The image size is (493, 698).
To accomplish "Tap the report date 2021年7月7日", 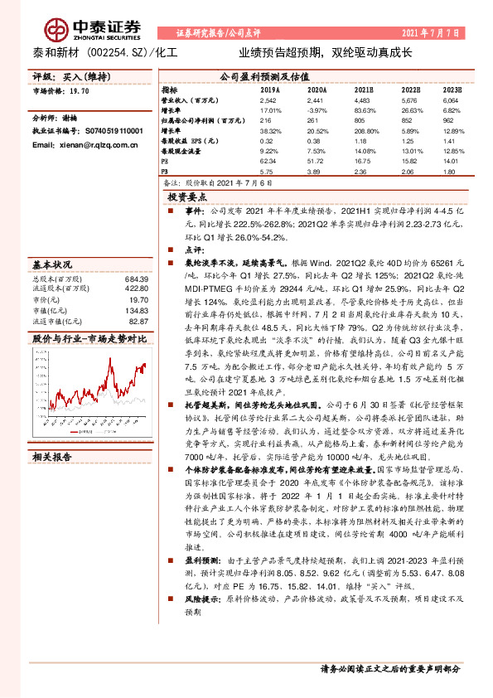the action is click(431, 33).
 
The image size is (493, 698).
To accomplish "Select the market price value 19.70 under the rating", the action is click(81, 91).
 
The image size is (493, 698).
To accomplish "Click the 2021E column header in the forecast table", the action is click(362, 89).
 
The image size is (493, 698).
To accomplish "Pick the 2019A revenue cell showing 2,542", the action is click(270, 99).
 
